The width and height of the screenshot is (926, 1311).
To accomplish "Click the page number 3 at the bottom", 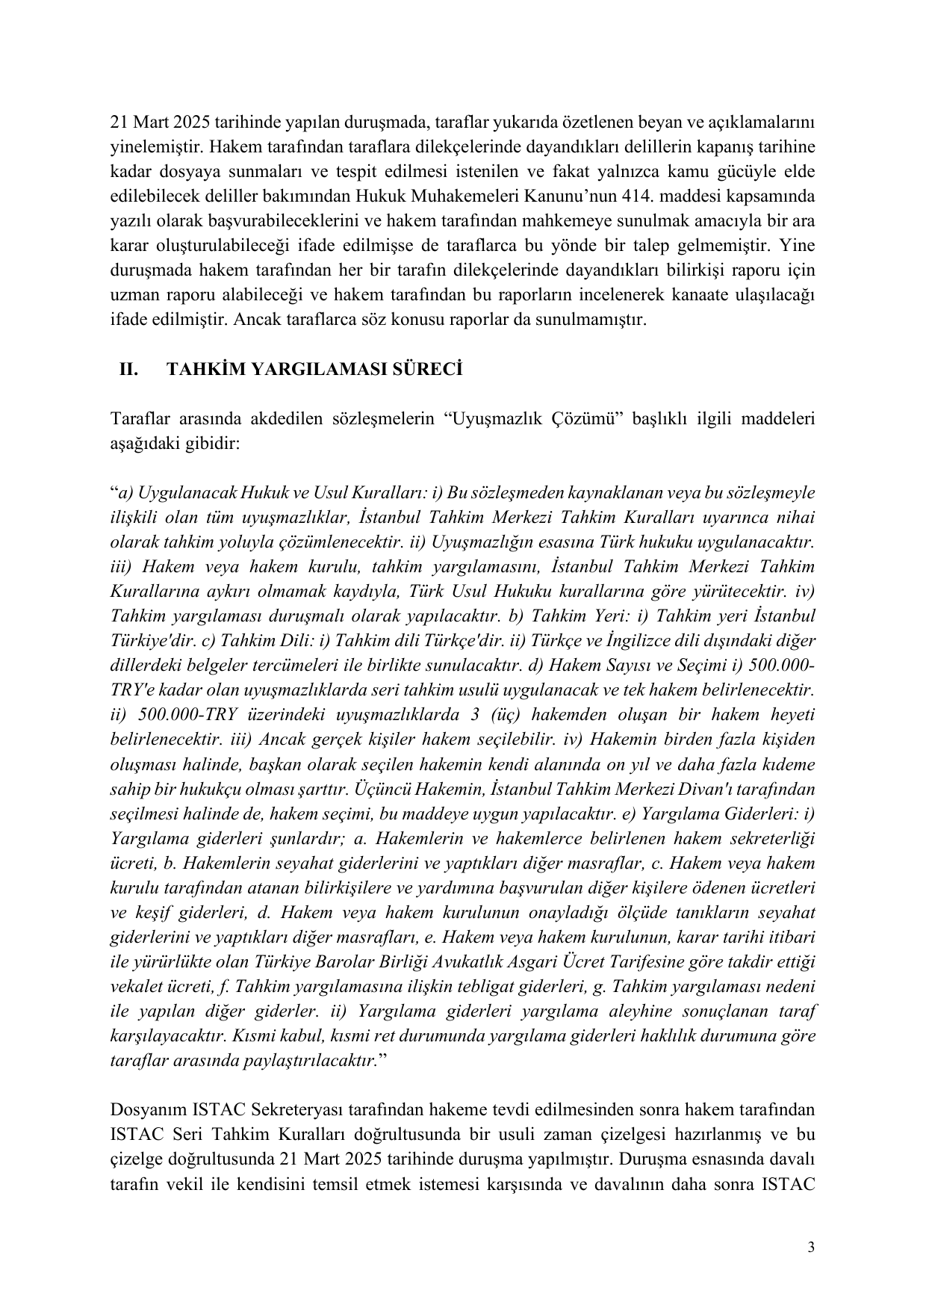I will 810,1248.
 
